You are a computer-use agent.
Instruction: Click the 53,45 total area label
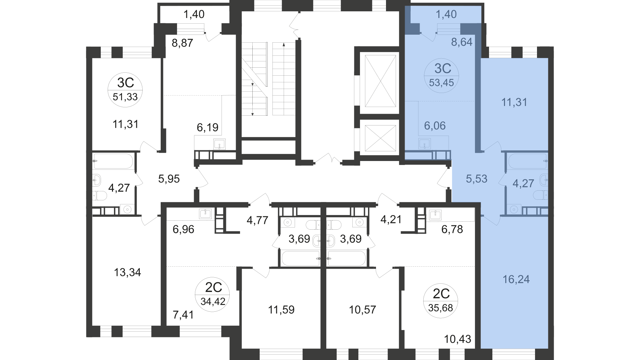[441, 83]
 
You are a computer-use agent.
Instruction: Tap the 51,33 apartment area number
[125, 97]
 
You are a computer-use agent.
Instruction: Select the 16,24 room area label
[516, 279]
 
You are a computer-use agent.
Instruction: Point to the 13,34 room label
[128, 273]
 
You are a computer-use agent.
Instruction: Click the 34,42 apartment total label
[213, 301]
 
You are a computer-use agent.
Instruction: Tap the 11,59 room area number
[282, 310]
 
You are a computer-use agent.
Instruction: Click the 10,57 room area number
[362, 310]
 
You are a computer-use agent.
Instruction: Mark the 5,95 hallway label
[169, 179]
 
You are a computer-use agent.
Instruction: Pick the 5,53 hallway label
[477, 179]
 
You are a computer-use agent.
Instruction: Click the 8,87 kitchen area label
[182, 43]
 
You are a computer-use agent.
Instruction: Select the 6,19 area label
[208, 127]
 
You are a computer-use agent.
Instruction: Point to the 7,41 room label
[183, 314]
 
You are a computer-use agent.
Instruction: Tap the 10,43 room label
[458, 339]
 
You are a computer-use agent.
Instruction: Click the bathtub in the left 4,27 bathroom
[113, 161]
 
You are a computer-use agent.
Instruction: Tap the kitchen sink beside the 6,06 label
[424, 144]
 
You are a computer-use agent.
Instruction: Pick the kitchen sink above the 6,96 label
[205, 214]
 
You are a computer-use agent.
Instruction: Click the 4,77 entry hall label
[257, 220]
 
